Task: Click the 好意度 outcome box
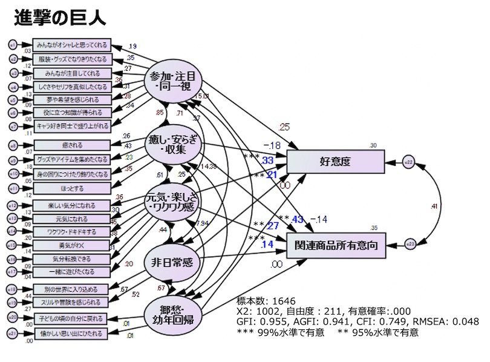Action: (x=335, y=162)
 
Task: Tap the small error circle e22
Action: (x=409, y=162)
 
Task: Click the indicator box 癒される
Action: (x=71, y=145)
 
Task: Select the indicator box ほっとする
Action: (x=71, y=188)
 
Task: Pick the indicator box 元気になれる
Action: (x=71, y=219)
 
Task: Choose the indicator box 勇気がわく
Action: (x=71, y=245)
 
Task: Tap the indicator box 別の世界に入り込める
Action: (x=71, y=289)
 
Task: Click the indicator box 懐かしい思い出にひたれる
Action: (x=71, y=332)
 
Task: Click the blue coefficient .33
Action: (x=267, y=160)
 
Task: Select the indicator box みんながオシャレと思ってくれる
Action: (x=71, y=44)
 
